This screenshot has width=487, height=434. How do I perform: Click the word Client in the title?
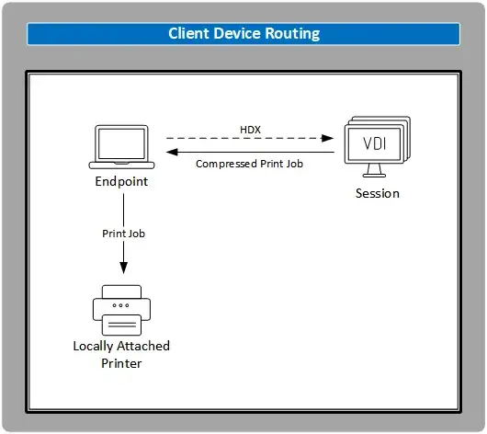tap(187, 34)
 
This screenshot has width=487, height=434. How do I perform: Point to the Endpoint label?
tap(121, 182)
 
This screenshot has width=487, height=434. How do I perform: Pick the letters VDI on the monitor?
tap(376, 145)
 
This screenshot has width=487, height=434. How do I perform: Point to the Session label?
tap(378, 194)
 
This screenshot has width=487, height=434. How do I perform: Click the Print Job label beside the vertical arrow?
tap(123, 234)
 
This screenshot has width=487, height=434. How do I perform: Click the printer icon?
tap(121, 310)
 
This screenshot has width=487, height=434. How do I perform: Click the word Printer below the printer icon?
tap(121, 362)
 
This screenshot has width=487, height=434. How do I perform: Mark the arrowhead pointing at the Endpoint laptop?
tap(172, 153)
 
